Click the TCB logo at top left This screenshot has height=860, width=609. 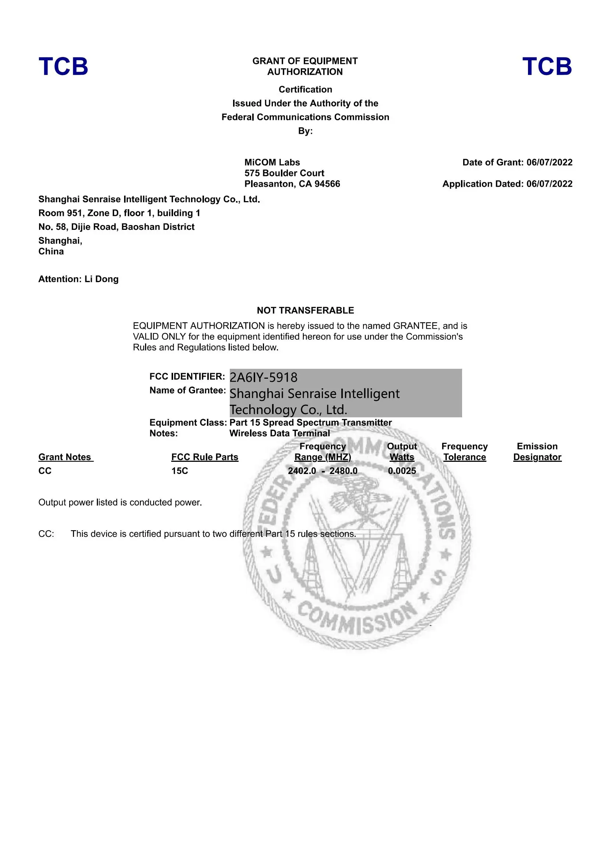tap(63, 66)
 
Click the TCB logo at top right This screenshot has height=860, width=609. tap(547, 66)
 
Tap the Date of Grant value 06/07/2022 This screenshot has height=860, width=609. tap(549, 162)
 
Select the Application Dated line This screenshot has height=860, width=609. tap(507, 184)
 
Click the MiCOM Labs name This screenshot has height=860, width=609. tap(272, 162)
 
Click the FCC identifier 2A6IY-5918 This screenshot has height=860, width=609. tap(263, 377)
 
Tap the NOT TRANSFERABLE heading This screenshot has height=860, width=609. tap(305, 310)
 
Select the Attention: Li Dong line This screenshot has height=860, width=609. tap(78, 279)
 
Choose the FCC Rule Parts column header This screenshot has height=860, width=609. tap(204, 457)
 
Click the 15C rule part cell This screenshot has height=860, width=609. tap(180, 471)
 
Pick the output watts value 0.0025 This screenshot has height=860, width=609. tap(402, 471)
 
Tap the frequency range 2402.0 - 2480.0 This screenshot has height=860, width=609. tap(323, 471)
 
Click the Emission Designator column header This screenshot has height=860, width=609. tap(537, 452)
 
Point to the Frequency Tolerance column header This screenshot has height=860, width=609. tap(464, 452)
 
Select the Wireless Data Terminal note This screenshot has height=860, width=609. tap(279, 433)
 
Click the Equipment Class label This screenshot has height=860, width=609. tap(187, 422)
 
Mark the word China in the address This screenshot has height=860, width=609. tap(51, 251)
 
